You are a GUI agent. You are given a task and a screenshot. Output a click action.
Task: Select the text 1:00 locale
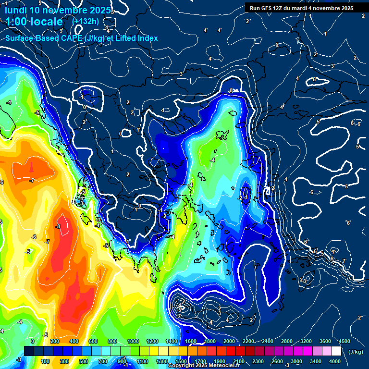(x=34, y=22)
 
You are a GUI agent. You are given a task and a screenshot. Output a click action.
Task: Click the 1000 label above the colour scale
(x=133, y=341)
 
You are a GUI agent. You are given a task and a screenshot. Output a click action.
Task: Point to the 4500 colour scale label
(x=344, y=341)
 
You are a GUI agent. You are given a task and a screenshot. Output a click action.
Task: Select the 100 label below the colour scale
(x=46, y=361)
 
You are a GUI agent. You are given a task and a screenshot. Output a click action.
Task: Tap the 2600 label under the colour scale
(x=277, y=361)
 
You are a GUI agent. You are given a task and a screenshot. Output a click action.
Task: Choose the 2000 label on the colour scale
(x=229, y=341)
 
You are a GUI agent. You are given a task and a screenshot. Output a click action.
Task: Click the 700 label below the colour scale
(x=103, y=361)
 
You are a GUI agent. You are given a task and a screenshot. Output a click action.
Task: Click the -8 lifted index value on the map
(x=58, y=226)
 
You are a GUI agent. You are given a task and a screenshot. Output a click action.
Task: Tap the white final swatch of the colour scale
(x=336, y=351)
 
